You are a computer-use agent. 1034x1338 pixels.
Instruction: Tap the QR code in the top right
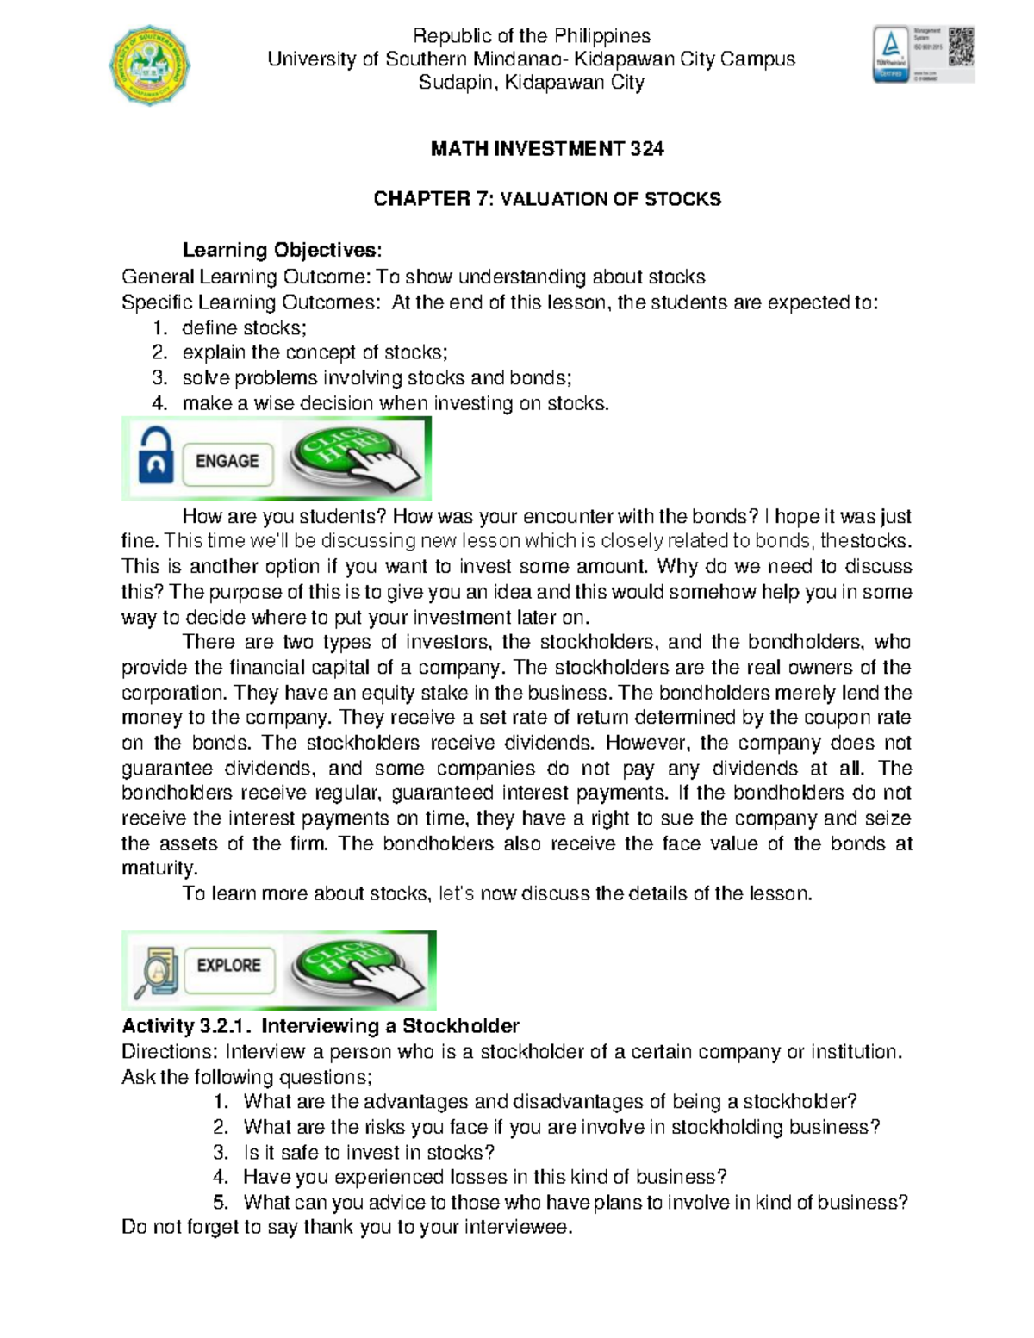(961, 47)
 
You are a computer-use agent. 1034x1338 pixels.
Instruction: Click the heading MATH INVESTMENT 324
(547, 149)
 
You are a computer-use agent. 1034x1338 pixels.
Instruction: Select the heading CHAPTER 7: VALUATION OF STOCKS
(547, 199)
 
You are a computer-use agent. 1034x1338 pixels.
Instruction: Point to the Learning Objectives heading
(281, 250)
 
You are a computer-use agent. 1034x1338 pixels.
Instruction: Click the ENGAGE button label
(227, 461)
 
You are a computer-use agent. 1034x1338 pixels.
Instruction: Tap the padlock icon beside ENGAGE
(155, 459)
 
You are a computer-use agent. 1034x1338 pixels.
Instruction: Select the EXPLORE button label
(228, 966)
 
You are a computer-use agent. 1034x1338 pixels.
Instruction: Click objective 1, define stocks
(244, 327)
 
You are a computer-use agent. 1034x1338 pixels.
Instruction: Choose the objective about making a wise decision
(395, 403)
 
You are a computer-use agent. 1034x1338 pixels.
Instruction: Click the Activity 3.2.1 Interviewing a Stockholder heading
(321, 1026)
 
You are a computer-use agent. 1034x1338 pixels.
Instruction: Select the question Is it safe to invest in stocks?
(369, 1152)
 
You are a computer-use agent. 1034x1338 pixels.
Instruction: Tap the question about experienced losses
(484, 1177)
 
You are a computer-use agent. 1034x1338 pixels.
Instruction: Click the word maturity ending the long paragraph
(159, 868)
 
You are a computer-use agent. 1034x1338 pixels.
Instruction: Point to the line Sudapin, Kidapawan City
(531, 83)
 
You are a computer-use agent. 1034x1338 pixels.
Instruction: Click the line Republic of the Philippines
(532, 36)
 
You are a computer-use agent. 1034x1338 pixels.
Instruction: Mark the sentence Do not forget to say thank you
(346, 1227)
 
